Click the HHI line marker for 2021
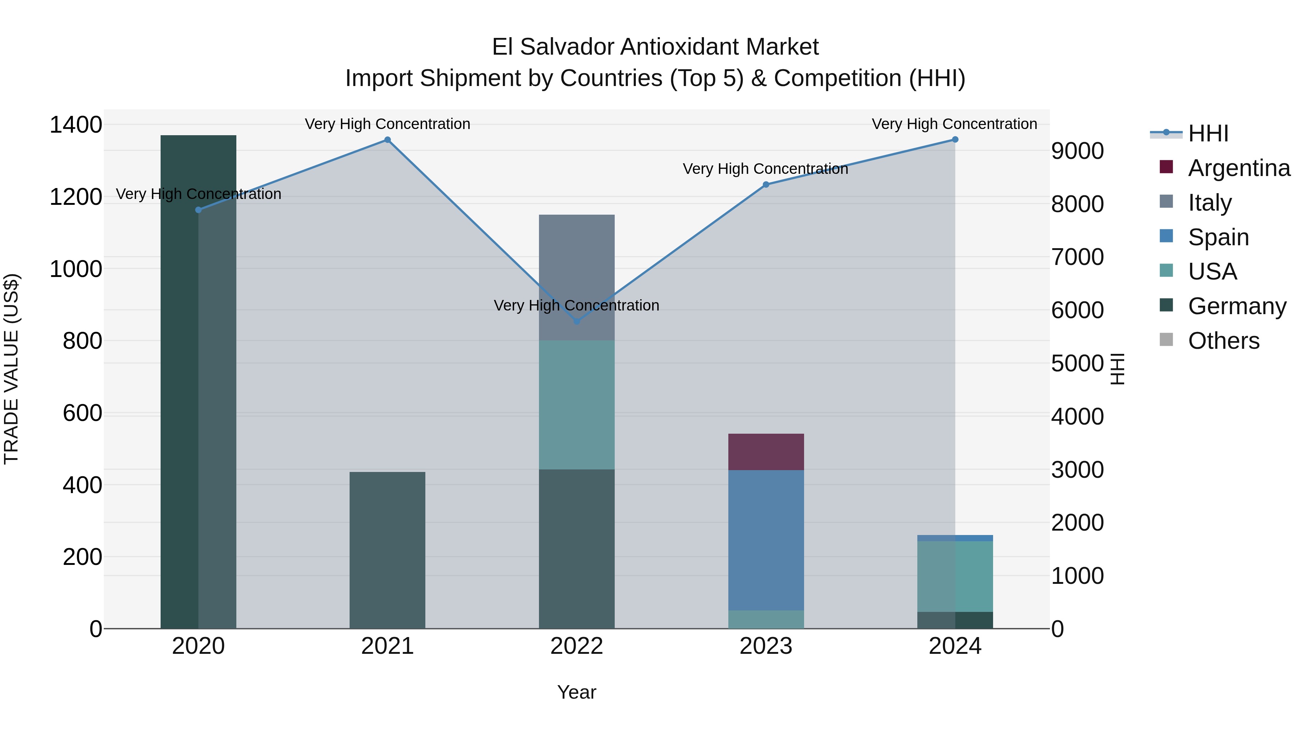point(387,140)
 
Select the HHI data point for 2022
point(576,321)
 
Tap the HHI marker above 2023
point(766,184)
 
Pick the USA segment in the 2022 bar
point(576,405)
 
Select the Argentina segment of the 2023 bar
point(766,452)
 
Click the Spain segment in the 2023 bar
point(766,540)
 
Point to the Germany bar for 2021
point(387,550)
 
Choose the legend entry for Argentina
point(1239,168)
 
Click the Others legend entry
point(1224,341)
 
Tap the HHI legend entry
point(1208,133)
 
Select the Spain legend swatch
point(1166,236)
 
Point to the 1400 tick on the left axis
point(75,125)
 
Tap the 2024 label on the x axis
point(955,646)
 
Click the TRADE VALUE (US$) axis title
point(11,369)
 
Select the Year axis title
point(576,692)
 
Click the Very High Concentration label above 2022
point(576,306)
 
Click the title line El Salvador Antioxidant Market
point(655,47)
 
